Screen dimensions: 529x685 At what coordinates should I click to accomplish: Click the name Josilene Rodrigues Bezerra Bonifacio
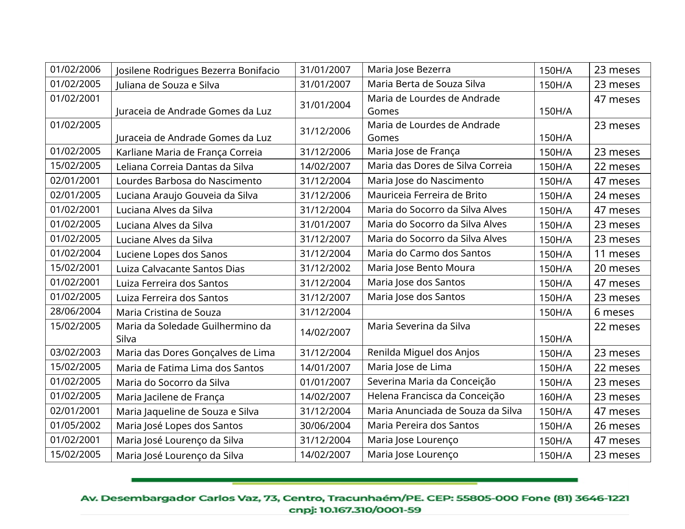click(198, 71)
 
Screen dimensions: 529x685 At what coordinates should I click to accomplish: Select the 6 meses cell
click(614, 312)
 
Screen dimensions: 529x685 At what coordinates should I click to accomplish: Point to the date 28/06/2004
click(75, 312)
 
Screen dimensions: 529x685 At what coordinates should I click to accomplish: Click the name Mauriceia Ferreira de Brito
click(427, 195)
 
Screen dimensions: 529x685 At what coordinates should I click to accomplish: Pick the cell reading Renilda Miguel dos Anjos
click(423, 353)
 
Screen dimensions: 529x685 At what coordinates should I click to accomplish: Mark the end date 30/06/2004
click(325, 426)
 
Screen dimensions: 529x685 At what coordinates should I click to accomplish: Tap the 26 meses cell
click(616, 426)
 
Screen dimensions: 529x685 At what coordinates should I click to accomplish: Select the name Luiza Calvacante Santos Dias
click(180, 269)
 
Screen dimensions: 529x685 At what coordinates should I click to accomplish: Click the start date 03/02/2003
click(75, 353)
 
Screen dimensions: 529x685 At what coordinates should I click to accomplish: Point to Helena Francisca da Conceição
click(435, 396)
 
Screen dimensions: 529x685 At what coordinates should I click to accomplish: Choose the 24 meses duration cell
click(616, 196)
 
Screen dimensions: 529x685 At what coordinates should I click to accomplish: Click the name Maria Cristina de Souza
click(169, 312)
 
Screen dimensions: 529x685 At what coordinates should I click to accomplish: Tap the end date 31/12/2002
click(325, 268)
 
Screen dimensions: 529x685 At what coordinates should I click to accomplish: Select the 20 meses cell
click(616, 268)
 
